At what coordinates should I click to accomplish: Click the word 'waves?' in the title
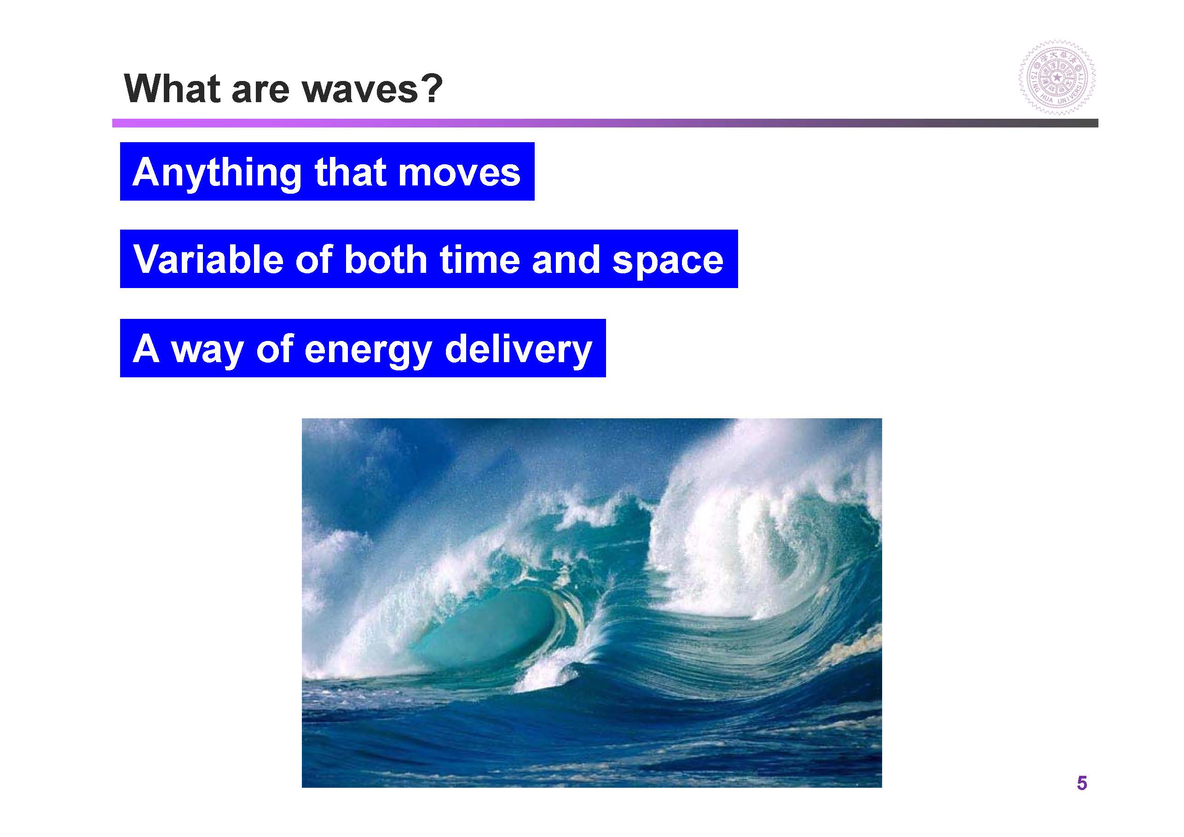pyautogui.click(x=372, y=89)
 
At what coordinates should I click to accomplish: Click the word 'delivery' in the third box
pyautogui.click(x=518, y=350)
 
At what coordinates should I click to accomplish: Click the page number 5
pyautogui.click(x=1081, y=783)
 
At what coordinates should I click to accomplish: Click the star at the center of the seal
pyautogui.click(x=1057, y=78)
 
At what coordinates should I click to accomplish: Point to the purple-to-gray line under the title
pyautogui.click(x=605, y=123)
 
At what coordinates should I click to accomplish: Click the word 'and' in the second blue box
pyautogui.click(x=566, y=259)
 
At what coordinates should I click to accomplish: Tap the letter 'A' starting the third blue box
pyautogui.click(x=145, y=349)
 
